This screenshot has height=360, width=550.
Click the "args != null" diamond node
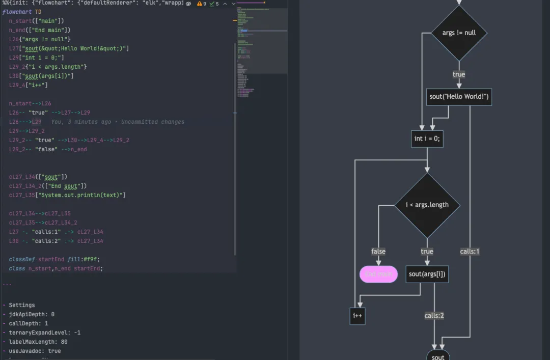(x=459, y=33)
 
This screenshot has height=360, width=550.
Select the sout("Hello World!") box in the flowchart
(x=459, y=97)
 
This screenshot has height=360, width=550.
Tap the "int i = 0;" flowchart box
(x=427, y=139)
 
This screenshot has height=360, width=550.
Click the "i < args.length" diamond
(x=427, y=205)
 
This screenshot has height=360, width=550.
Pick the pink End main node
(x=378, y=274)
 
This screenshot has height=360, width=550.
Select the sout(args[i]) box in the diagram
(x=427, y=274)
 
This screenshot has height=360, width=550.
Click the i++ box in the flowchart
(x=358, y=316)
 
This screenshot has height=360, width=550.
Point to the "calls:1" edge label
(x=470, y=252)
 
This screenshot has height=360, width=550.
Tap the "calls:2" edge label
(x=434, y=316)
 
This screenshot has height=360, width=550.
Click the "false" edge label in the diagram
(x=378, y=252)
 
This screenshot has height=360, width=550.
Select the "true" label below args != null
(x=459, y=74)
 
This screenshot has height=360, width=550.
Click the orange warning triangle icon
(x=200, y=4)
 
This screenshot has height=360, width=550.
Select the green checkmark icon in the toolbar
(x=212, y=4)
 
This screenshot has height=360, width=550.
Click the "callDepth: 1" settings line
(x=28, y=323)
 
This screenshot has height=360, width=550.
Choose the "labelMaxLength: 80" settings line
(x=38, y=342)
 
